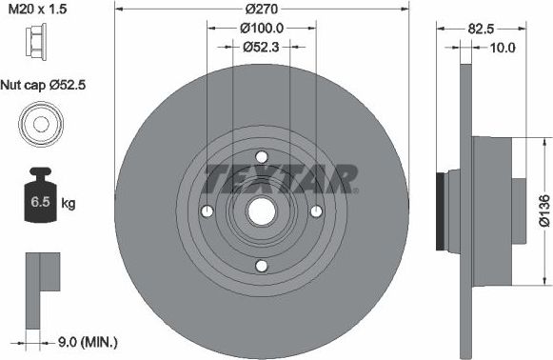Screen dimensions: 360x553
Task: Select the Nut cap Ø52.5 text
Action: coord(43,84)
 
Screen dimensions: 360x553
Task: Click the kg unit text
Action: coord(68,204)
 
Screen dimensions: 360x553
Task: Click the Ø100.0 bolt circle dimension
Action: coord(261,29)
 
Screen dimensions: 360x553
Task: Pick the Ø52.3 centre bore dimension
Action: coord(261,46)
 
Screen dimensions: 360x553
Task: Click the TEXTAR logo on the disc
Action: coord(281,177)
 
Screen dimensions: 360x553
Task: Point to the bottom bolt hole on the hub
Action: coord(261,267)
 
